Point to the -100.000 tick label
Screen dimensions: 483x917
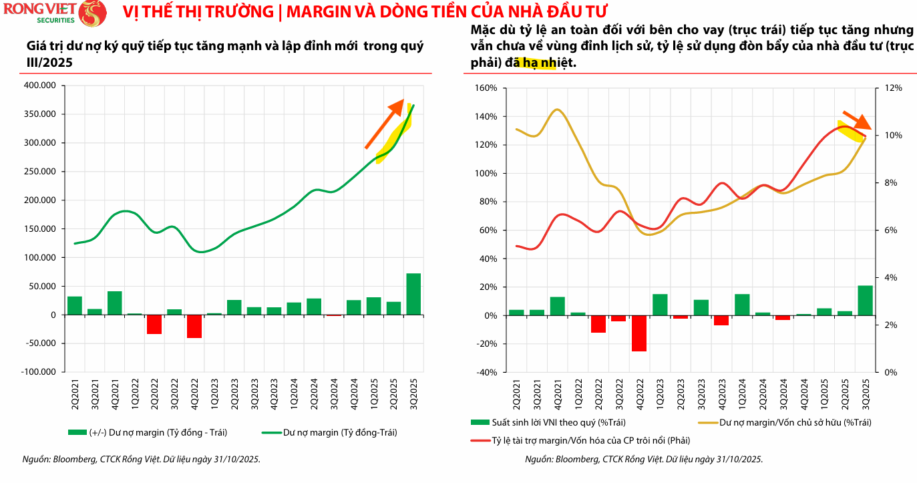pyautogui.click(x=39, y=372)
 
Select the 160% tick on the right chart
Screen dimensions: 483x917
pyautogui.click(x=486, y=88)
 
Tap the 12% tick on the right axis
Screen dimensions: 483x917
pyautogui.click(x=894, y=88)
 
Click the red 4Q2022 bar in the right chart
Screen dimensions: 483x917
pyautogui.click(x=639, y=333)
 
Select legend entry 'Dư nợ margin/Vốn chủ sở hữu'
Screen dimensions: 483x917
pyautogui.click(x=785, y=422)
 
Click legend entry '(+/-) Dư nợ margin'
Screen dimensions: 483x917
pyautogui.click(x=148, y=432)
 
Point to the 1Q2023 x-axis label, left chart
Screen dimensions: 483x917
pyautogui.click(x=214, y=390)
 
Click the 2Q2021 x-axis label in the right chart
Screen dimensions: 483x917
pyautogui.click(x=516, y=390)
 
